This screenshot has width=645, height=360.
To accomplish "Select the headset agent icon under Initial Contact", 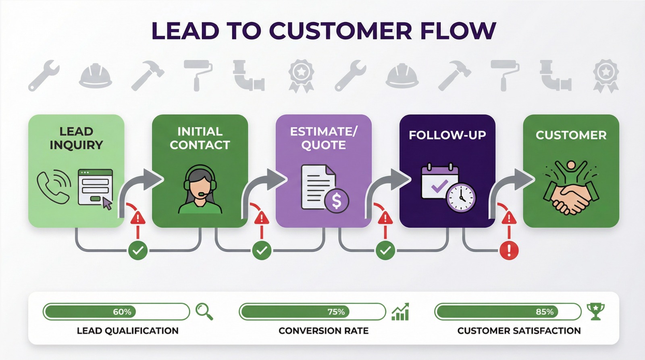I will tap(200, 189).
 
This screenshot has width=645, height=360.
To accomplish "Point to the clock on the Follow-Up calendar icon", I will tap(461, 198).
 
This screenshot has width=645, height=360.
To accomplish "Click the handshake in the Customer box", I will tap(571, 196).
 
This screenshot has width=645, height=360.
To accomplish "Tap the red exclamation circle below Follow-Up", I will tap(509, 250).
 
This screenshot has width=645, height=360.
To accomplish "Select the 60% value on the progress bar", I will tap(122, 312).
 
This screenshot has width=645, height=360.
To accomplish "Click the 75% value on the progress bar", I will tap(336, 312).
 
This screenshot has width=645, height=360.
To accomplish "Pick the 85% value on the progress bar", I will tap(545, 312).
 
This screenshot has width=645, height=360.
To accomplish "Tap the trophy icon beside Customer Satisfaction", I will tap(595, 311).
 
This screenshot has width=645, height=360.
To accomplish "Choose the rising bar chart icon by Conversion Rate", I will tap(400, 312).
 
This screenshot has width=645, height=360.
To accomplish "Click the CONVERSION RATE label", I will tap(323, 331).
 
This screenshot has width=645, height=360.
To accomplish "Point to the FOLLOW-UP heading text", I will tap(447, 135).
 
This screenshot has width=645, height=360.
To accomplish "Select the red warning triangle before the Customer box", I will tap(509, 218).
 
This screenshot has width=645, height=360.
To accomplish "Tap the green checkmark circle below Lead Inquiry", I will tap(138, 250).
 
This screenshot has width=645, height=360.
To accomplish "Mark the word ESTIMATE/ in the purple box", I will tap(323, 131).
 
